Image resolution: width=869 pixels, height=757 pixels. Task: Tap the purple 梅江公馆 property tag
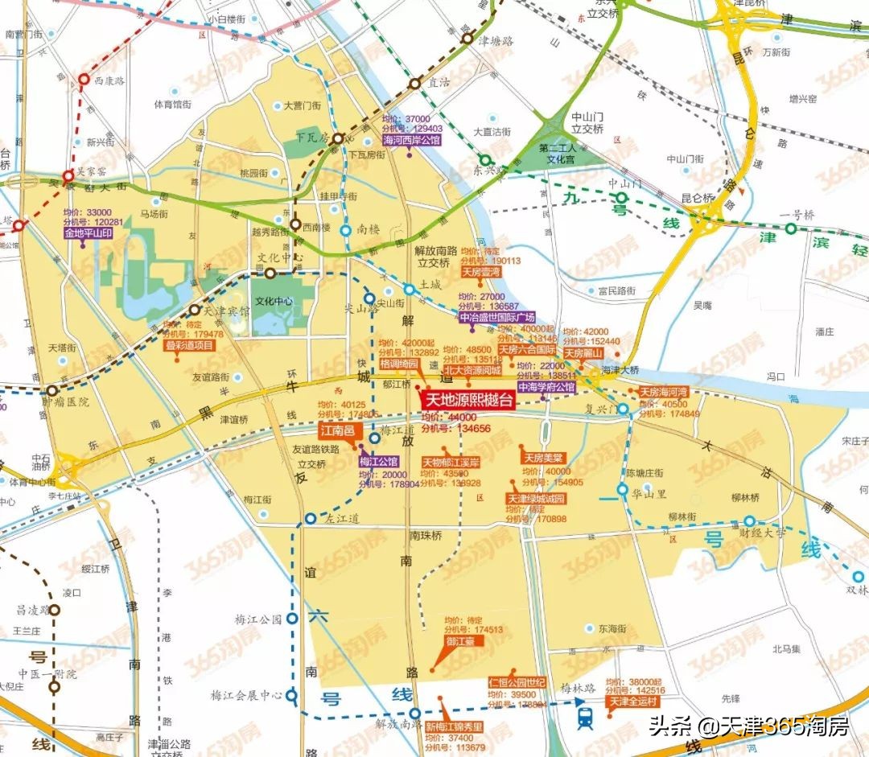coord(379,462)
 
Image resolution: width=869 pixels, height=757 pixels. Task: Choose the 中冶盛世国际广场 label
coord(496,318)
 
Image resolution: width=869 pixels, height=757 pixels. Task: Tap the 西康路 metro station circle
coord(84,80)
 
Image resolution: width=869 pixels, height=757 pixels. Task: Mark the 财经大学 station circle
coord(749,521)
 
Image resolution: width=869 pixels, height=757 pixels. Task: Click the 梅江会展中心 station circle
coord(291,695)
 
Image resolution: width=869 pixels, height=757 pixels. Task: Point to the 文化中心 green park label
coord(271,302)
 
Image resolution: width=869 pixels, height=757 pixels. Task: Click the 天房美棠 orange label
coord(544,458)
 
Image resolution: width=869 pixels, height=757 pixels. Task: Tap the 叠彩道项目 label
coord(191,345)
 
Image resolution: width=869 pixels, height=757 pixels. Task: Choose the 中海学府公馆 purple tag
coord(546,387)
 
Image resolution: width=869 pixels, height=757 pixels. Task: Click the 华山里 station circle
coord(623,489)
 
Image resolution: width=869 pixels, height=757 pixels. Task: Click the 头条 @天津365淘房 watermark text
coord(749,727)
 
